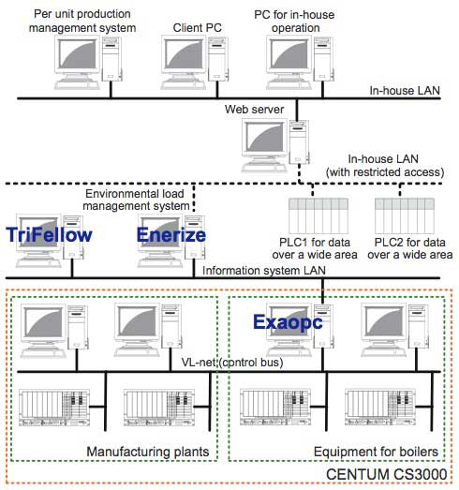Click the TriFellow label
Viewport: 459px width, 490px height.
49,234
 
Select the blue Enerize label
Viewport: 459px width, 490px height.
171,234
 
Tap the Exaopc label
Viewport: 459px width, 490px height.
288,322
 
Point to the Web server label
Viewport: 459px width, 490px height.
256,109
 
